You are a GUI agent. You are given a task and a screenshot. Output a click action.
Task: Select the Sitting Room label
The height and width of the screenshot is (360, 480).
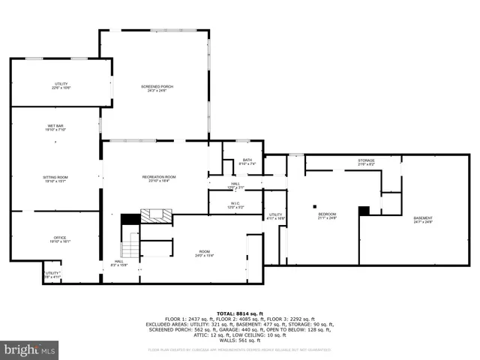(x=55, y=178)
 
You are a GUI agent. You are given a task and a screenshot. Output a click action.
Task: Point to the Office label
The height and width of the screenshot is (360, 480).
(x=60, y=239)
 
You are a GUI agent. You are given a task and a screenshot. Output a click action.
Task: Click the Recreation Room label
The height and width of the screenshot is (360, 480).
(x=159, y=178)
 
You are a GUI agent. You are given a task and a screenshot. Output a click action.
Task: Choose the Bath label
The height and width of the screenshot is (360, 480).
(x=247, y=161)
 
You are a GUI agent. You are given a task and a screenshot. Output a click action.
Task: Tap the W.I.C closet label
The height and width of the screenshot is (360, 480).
(x=235, y=204)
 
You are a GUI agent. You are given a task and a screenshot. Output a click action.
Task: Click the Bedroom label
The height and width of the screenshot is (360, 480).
(x=327, y=216)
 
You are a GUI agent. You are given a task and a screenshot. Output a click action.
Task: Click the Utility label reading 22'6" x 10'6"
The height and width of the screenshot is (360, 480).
(x=61, y=85)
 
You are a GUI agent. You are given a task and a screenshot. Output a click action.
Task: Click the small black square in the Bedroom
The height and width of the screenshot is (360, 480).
(x=316, y=206)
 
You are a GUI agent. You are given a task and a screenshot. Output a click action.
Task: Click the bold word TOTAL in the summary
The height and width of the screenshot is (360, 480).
(x=225, y=313)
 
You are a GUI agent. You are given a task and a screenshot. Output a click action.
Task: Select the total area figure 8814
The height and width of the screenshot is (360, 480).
(x=243, y=313)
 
